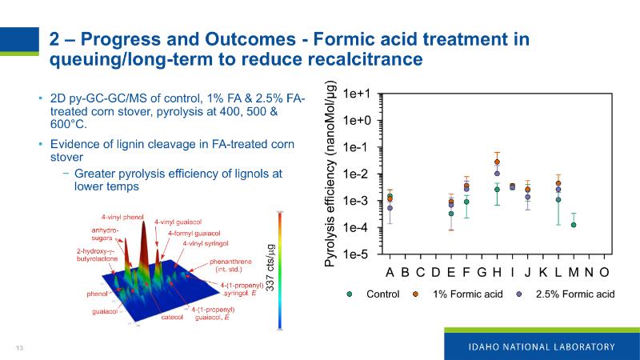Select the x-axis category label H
coord(497,272)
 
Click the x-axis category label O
coord(604,272)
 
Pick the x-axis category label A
coord(390,272)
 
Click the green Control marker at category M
coord(574,225)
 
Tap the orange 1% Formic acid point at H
coord(497,162)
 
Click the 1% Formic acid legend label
coord(467,294)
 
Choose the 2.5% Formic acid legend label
coord(574,294)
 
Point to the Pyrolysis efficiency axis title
coord(330,174)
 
